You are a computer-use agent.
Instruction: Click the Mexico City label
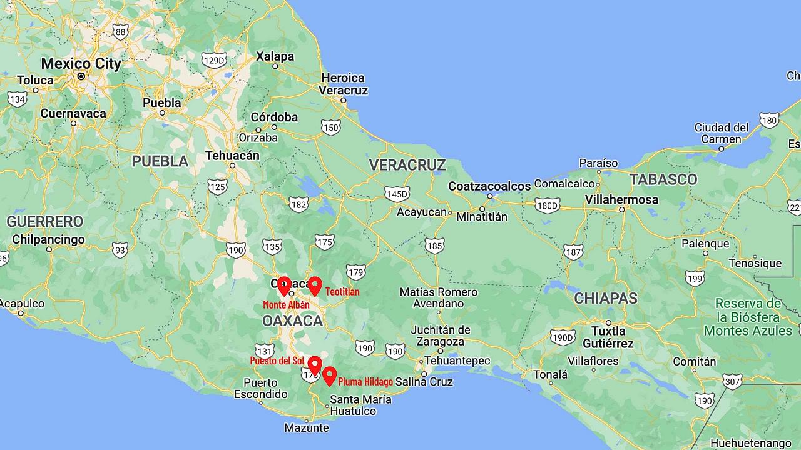click(x=81, y=63)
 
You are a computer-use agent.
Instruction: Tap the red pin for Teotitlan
click(x=315, y=286)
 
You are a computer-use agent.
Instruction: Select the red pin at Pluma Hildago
click(x=329, y=376)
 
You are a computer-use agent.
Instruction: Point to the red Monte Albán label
click(x=286, y=305)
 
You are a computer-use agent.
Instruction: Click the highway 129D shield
click(x=213, y=59)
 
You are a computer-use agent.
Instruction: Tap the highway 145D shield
click(x=397, y=194)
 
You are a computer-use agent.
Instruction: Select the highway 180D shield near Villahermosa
click(x=548, y=205)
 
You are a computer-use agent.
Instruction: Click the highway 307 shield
click(x=732, y=381)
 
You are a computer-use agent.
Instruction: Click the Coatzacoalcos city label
click(x=489, y=186)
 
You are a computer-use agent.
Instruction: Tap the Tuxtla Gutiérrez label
click(x=608, y=337)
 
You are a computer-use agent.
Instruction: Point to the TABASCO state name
click(x=663, y=179)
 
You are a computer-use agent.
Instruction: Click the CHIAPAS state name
click(x=606, y=298)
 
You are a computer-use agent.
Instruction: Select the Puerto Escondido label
click(x=261, y=388)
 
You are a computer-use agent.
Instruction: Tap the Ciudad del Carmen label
click(x=722, y=133)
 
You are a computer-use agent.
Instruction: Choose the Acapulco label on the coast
click(x=22, y=304)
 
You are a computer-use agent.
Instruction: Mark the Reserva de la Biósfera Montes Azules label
click(x=748, y=317)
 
